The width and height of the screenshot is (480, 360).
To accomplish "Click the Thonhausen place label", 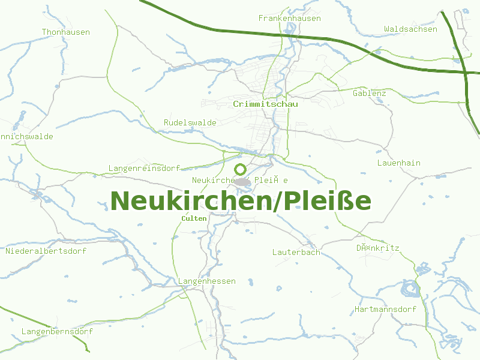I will click(x=66, y=32).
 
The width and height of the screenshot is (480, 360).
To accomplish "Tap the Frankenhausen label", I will click(x=289, y=19).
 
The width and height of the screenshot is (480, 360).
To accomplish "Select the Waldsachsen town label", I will click(x=410, y=29).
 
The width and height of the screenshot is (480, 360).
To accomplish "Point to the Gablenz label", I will click(x=370, y=94).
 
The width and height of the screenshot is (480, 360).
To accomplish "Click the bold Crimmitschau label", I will click(x=266, y=104).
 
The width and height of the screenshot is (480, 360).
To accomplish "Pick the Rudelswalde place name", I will click(x=190, y=122).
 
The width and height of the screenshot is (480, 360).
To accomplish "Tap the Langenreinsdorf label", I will click(x=145, y=168).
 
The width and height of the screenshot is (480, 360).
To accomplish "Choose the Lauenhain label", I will click(x=399, y=163).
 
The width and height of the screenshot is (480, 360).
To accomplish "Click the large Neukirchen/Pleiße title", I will click(x=241, y=201).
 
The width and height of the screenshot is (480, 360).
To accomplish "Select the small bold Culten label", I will click(x=194, y=218).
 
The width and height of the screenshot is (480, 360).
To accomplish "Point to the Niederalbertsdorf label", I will click(x=46, y=251).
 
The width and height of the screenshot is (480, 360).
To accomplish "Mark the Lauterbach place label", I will click(x=296, y=252).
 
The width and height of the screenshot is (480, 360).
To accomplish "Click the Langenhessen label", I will click(x=207, y=281).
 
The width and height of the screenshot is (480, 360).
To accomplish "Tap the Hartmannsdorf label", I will click(x=385, y=310).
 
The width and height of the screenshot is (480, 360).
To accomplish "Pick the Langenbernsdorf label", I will click(x=57, y=331).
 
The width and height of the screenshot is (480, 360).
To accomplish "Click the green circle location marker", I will click(x=241, y=169).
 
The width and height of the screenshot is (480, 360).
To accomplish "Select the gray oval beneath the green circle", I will click(x=242, y=181).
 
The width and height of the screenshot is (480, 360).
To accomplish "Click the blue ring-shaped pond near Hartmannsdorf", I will click(x=412, y=290).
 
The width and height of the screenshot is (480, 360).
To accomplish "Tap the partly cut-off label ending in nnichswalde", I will click(x=26, y=137).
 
